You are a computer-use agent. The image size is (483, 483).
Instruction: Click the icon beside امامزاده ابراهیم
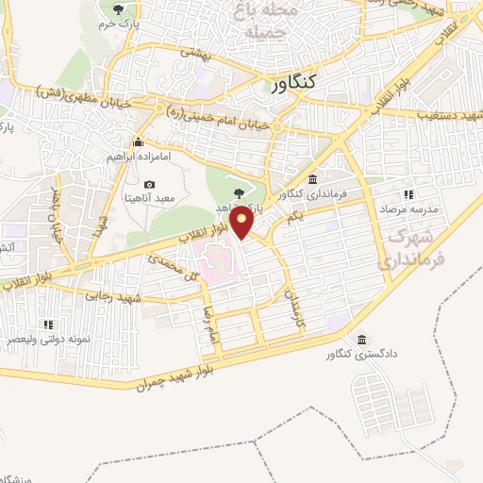pos(138,143)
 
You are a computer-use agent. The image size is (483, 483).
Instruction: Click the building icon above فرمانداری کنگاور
pos(312,179)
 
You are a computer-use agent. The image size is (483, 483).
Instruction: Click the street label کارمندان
pos(294,308)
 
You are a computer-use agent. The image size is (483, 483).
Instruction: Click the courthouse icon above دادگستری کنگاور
pos(361,340)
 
